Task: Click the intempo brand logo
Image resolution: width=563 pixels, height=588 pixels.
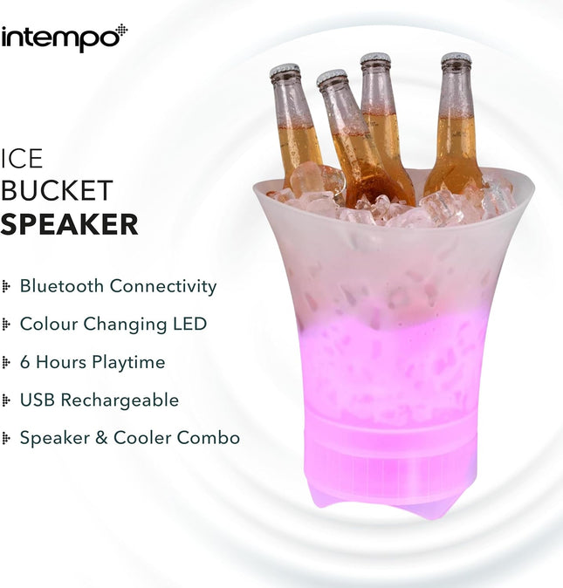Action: [64, 38]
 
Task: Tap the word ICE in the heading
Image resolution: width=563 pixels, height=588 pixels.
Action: [22, 158]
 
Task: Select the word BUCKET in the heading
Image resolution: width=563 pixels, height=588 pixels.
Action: [57, 190]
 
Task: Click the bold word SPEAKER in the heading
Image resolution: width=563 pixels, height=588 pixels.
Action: [69, 224]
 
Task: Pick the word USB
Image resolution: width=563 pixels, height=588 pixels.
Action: [38, 400]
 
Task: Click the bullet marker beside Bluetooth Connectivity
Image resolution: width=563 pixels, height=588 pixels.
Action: [7, 286]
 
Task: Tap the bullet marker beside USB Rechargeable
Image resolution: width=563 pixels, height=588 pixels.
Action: [7, 400]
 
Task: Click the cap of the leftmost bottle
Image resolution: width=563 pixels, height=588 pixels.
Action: [284, 71]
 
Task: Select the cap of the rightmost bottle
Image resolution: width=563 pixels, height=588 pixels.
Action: [456, 59]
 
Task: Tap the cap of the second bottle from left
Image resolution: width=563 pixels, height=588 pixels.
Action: [331, 78]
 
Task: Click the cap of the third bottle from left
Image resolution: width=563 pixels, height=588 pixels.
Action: [375, 59]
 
